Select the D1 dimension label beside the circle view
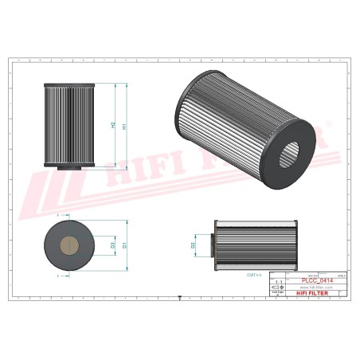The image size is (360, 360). coord(123,246)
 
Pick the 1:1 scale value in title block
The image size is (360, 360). coord(279,283)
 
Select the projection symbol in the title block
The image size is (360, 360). coord(279,288)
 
